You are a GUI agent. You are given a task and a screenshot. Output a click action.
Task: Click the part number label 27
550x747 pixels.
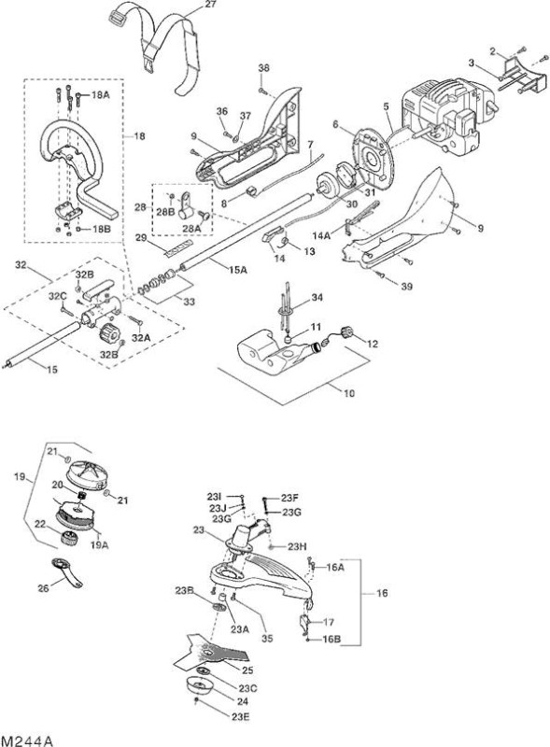click(x=209, y=5)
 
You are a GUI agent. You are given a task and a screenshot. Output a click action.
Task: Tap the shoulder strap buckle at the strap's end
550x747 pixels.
click(x=116, y=19)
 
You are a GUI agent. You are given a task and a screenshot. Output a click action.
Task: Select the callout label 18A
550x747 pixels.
click(x=100, y=95)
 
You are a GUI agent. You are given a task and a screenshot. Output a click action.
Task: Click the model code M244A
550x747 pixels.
click(x=27, y=740)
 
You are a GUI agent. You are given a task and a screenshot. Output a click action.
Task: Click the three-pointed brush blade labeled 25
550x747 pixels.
click(x=212, y=651)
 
